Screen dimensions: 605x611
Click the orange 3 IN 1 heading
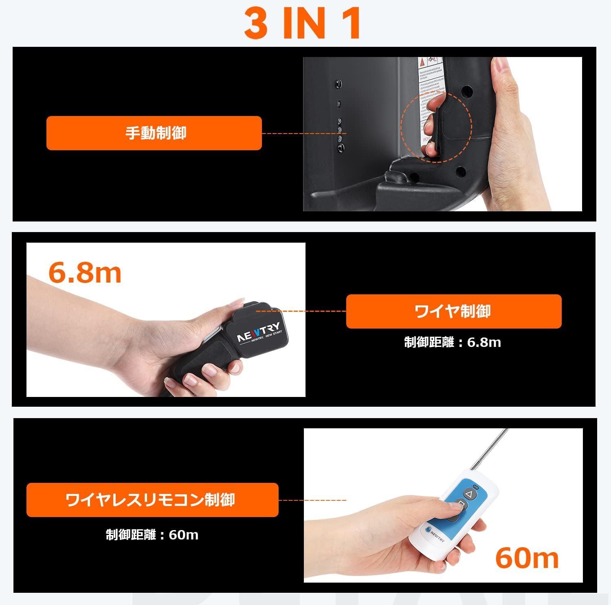point(303,24)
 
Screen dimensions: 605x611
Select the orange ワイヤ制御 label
point(453,311)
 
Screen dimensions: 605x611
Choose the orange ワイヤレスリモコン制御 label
point(152,500)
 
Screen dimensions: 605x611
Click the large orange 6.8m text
point(85,273)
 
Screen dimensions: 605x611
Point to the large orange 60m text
point(527,559)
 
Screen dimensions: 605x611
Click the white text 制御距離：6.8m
point(453,342)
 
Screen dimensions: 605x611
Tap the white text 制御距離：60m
point(152,535)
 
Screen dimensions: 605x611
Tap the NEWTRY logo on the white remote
point(435,532)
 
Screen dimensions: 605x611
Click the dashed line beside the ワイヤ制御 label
point(301,311)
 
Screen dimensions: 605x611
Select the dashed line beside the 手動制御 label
point(303,133)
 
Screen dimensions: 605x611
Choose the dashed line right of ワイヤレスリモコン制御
point(312,500)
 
